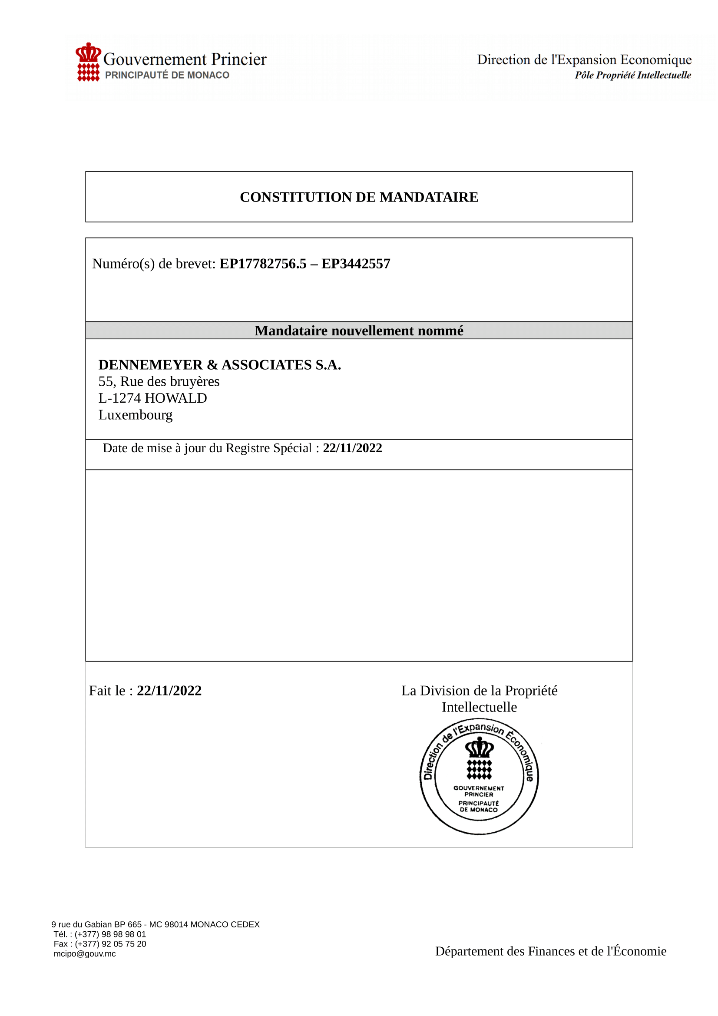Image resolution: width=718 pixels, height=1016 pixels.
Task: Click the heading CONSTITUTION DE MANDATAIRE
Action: (x=359, y=197)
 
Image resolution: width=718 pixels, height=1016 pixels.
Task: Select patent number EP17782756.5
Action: (x=263, y=264)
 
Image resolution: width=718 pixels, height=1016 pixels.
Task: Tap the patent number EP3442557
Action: (x=356, y=264)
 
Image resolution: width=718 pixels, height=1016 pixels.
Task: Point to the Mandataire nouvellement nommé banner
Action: (x=359, y=331)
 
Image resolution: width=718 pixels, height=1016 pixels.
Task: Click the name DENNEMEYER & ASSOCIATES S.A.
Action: (x=219, y=364)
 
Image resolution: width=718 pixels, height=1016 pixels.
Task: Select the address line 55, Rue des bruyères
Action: (x=159, y=381)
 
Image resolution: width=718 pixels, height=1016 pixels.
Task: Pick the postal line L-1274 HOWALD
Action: (x=152, y=398)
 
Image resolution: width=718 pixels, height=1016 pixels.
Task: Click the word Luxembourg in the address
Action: (x=136, y=415)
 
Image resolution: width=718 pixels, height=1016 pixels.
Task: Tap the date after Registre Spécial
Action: (x=352, y=448)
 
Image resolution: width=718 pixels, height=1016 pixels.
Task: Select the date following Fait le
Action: (x=169, y=691)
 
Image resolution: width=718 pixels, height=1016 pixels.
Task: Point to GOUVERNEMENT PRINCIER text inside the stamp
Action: (x=479, y=791)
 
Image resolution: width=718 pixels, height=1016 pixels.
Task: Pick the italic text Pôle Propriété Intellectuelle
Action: (x=632, y=75)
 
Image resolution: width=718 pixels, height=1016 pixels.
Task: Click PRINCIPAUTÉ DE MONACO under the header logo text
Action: (x=167, y=75)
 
